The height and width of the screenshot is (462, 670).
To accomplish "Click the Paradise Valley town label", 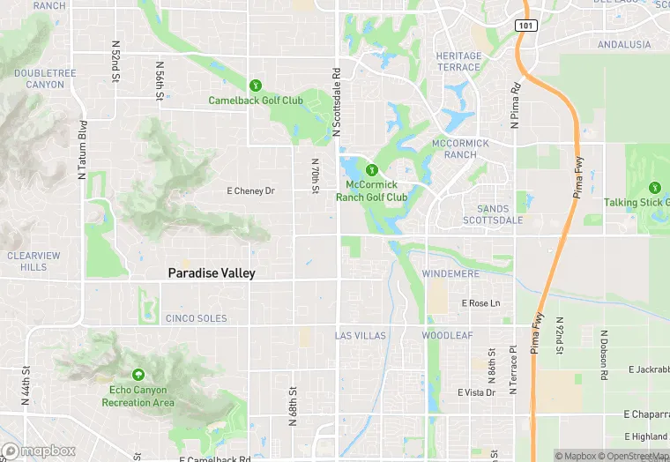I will point(212,273).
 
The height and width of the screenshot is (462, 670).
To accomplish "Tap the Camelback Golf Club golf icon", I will point(255,86).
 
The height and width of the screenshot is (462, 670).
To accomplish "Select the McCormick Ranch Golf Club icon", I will point(372,169).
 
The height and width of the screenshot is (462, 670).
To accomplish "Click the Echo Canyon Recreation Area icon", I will point(138,376).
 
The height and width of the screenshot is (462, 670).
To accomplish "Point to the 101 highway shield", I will point(524,25).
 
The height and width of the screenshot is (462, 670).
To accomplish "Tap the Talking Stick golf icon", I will point(654,188).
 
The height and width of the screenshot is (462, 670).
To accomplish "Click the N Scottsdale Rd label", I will point(336,102).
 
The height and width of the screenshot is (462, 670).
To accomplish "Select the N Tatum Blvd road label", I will point(82,150).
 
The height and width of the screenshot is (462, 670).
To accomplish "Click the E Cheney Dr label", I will point(251,190).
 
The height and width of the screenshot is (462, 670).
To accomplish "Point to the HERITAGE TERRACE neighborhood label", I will point(459,62).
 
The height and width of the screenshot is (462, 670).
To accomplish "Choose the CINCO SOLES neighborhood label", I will point(196,318).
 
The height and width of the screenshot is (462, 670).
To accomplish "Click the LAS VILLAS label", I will point(361,336).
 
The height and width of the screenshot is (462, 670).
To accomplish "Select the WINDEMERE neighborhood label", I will point(450,274).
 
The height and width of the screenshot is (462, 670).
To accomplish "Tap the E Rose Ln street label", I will point(481,303).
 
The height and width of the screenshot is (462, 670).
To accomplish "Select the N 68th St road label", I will point(292,405).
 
